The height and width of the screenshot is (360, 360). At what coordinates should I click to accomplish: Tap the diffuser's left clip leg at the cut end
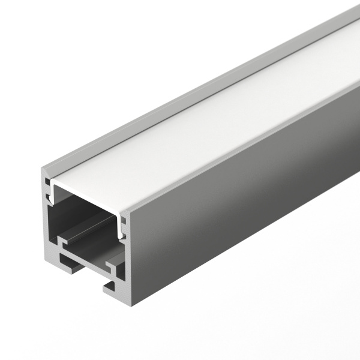point(53,191)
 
